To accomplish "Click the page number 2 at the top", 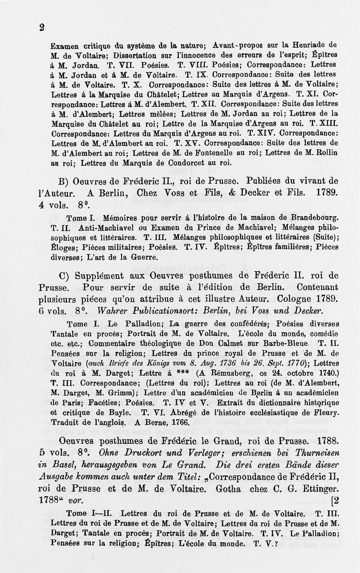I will point(42,27).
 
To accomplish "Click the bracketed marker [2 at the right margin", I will point(335,500).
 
